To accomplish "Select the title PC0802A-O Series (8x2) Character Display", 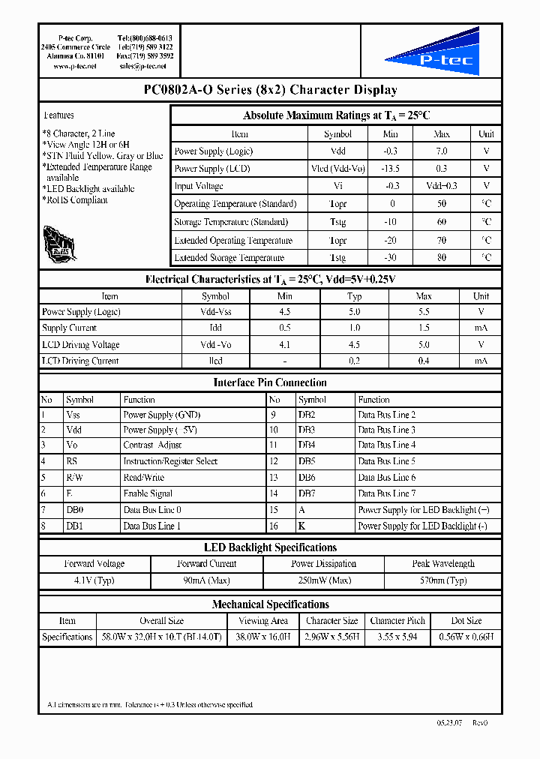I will (x=270, y=90).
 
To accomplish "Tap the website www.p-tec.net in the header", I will (x=75, y=67).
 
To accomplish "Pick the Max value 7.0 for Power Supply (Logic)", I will (x=442, y=151).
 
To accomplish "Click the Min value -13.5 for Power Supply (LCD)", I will (x=391, y=169).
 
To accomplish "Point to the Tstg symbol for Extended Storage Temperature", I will (x=337, y=258).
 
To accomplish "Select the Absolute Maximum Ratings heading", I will (x=336, y=115).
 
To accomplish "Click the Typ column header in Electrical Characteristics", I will (x=355, y=296).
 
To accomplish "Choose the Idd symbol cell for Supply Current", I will (x=216, y=328).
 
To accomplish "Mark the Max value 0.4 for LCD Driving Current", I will (x=424, y=361).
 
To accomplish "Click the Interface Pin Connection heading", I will (x=270, y=382).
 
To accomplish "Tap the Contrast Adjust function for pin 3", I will (x=153, y=445).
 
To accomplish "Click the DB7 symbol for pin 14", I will (x=306, y=493).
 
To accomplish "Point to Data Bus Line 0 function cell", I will (x=152, y=510).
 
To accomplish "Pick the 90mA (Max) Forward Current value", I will (x=206, y=580).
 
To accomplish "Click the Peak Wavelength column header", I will (x=443, y=564).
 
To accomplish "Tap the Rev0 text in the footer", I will (x=480, y=723).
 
